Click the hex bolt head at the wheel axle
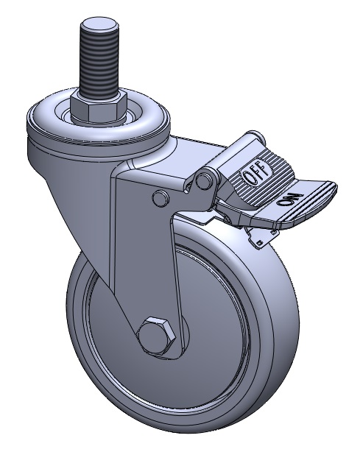pyautogui.click(x=157, y=335)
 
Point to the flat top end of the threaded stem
pyautogui.click(x=98, y=24)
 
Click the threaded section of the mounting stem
pyautogui.click(x=98, y=63)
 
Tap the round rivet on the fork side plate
pyautogui.click(x=160, y=198)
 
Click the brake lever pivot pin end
pyautogui.click(x=204, y=180)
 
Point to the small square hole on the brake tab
pyautogui.click(x=261, y=242)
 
